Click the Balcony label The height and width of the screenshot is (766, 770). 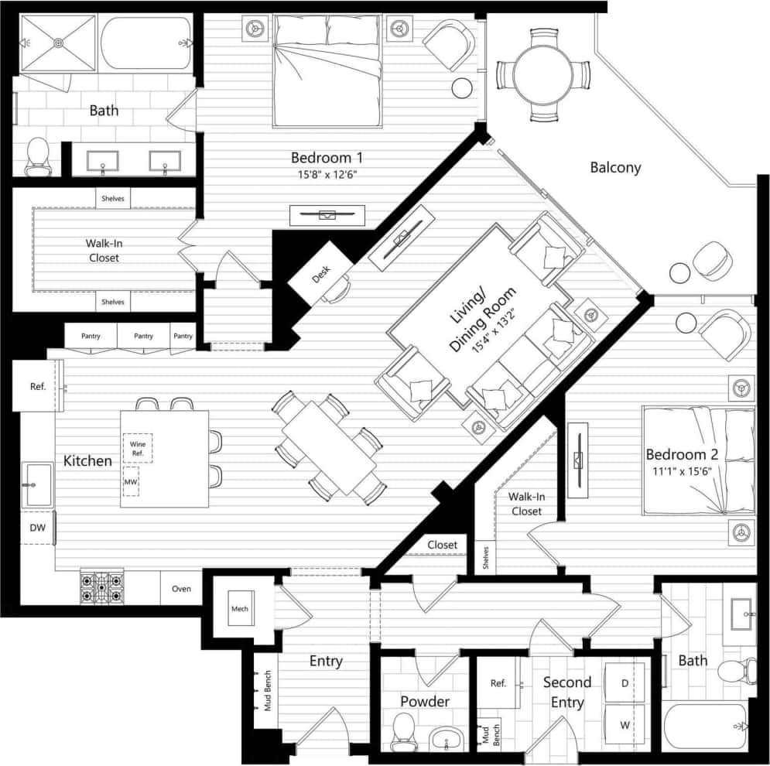click(x=615, y=167)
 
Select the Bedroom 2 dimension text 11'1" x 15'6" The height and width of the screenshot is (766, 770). click(x=688, y=470)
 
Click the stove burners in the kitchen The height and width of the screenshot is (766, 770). click(x=101, y=587)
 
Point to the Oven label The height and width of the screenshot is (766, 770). click(x=181, y=589)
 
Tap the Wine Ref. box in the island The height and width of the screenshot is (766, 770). click(x=138, y=448)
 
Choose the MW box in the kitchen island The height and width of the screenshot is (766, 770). click(x=131, y=481)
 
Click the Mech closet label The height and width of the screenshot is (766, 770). click(x=239, y=609)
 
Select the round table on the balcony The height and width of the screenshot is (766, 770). click(x=542, y=74)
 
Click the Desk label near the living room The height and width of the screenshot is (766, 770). click(x=321, y=272)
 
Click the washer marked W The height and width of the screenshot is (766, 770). click(x=624, y=726)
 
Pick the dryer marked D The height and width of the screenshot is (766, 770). click(x=624, y=684)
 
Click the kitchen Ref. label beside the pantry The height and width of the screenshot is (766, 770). click(x=38, y=386)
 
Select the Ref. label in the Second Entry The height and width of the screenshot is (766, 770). click(x=498, y=683)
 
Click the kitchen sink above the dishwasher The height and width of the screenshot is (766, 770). click(x=36, y=485)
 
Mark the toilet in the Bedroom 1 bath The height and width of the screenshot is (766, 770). click(x=37, y=156)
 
